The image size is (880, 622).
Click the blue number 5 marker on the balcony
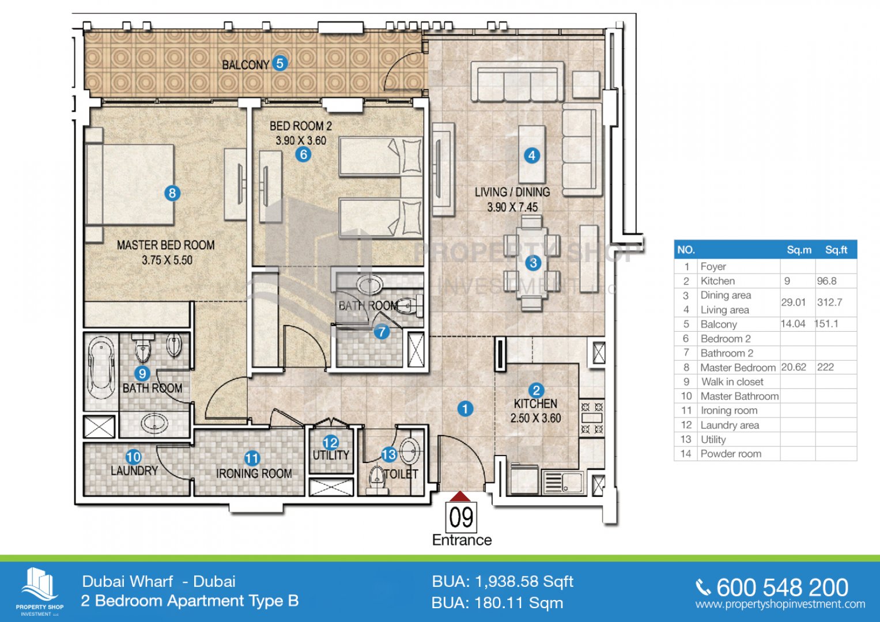(x=280, y=63)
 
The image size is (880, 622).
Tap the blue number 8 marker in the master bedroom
(x=172, y=194)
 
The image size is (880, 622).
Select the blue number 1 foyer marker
(x=465, y=409)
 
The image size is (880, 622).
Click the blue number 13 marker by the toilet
(x=389, y=454)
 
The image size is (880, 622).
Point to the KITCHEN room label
(x=535, y=404)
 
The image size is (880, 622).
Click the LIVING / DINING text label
(x=512, y=192)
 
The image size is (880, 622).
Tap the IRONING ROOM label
(x=254, y=473)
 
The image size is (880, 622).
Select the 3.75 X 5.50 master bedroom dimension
(x=167, y=260)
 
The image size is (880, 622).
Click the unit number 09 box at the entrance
(x=461, y=517)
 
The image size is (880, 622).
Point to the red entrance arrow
(x=460, y=496)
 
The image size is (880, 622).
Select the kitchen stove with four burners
(x=591, y=418)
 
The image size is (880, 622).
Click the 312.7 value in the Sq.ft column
(x=829, y=302)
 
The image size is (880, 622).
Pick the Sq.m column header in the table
(x=799, y=250)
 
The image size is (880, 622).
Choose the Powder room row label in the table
(x=731, y=454)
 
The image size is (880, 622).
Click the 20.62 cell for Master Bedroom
(x=794, y=367)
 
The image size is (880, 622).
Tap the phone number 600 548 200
(x=782, y=587)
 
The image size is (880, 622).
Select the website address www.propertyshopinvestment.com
(x=780, y=605)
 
